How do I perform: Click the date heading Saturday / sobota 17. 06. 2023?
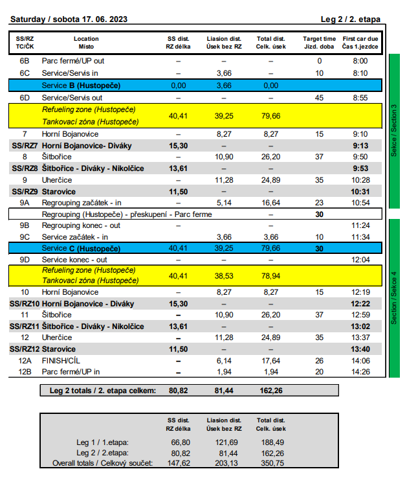(69, 19)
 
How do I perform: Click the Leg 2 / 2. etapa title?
(351, 19)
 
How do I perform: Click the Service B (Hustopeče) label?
(81, 86)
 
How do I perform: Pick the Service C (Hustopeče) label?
(81, 248)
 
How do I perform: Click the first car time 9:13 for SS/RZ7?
(360, 146)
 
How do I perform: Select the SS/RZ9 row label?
(25, 192)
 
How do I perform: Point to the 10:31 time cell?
(360, 192)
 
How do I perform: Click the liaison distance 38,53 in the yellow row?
(224, 276)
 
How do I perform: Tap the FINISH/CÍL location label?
(61, 361)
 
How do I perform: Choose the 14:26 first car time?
(360, 372)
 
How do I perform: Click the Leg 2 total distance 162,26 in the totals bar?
(271, 391)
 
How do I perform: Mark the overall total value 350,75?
(272, 463)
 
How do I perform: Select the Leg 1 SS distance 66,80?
(181, 442)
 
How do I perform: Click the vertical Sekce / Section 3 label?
(394, 131)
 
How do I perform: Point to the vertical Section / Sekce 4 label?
(394, 298)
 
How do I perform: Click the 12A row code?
(25, 361)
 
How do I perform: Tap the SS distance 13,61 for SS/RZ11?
(179, 326)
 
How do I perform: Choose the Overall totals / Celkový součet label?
(102, 463)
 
